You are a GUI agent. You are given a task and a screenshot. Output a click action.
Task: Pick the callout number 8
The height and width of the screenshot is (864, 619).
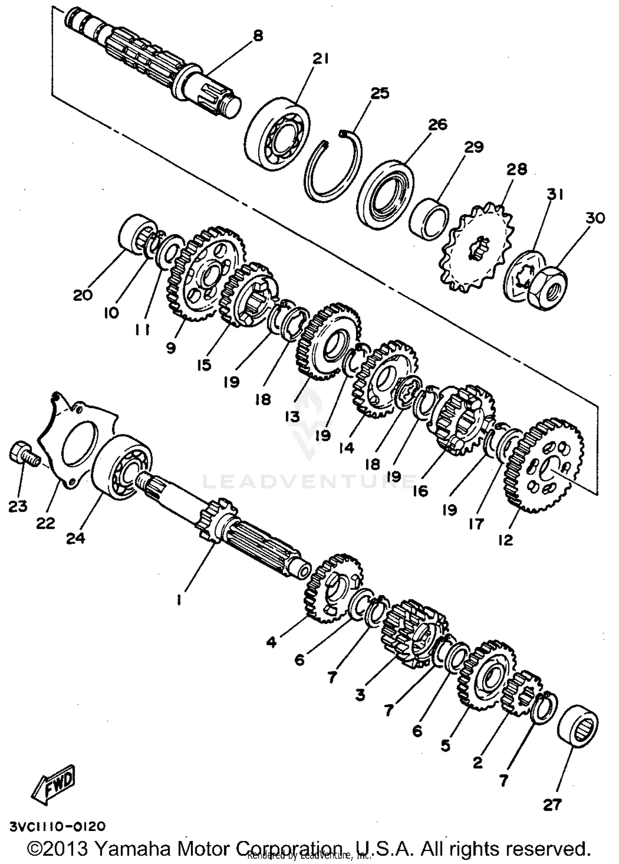[x=258, y=36]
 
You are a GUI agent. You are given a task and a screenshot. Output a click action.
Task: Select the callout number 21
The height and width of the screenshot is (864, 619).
[x=320, y=59]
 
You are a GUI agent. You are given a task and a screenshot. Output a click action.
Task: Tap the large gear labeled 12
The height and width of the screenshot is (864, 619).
[x=544, y=466]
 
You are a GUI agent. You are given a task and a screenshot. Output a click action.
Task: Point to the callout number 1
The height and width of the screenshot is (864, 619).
[x=178, y=600]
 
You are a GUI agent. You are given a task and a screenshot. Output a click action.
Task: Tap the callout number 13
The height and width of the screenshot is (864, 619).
[x=293, y=417]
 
